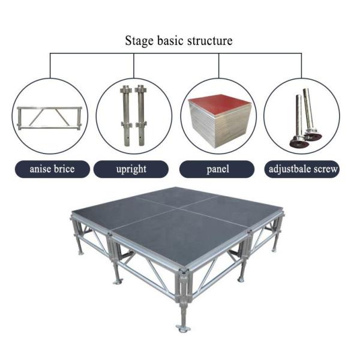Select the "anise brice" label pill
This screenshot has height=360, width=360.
point(52,169)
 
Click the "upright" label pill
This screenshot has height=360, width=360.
point(131,169)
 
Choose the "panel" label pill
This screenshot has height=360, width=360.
point(217,169)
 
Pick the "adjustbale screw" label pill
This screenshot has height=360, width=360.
point(302,169)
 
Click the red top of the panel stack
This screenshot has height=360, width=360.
point(218,104)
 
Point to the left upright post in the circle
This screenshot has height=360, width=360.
point(126,115)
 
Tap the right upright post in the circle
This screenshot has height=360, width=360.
point(141,115)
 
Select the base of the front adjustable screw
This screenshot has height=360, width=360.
point(299,141)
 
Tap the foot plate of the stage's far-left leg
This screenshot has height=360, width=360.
point(80,253)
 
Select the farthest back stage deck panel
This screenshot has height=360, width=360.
point(177,197)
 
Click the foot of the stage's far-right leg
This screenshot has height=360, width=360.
point(274,250)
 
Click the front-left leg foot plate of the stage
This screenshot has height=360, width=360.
point(118,281)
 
